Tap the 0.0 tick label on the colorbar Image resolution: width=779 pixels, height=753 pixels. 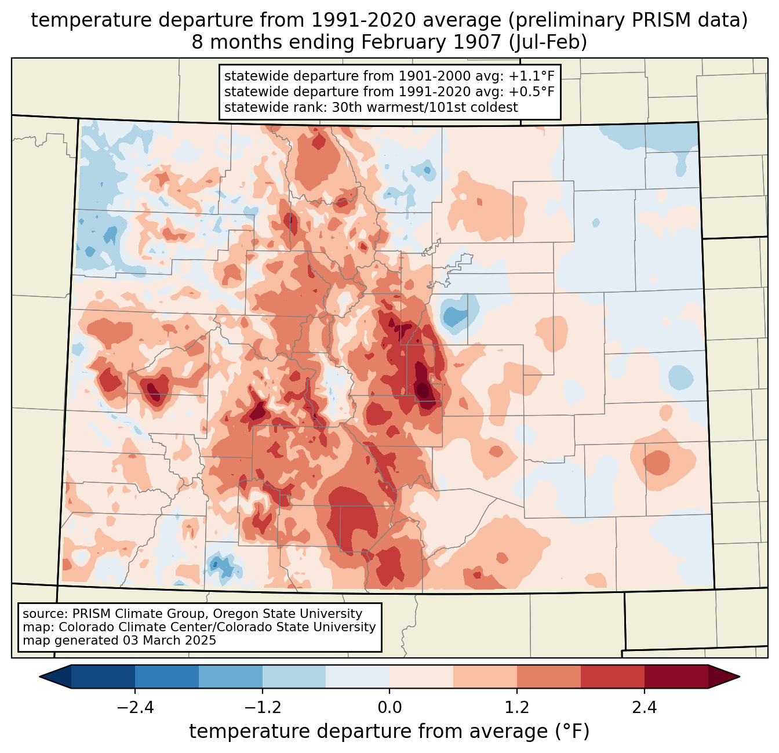(389, 708)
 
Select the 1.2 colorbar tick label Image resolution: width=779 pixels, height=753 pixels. (517, 708)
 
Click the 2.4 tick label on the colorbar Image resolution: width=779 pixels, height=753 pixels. (645, 708)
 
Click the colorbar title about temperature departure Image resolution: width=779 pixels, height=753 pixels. (389, 732)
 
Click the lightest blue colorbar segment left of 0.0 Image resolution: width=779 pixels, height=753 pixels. (358, 676)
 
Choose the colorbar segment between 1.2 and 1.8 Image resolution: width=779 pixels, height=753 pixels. (549, 676)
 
